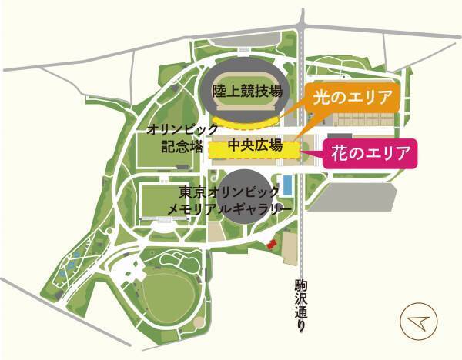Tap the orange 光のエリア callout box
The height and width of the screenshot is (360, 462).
click(x=353, y=98)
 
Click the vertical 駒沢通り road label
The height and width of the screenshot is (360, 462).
click(x=300, y=304)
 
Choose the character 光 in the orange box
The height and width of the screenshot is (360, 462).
click(x=320, y=98)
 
